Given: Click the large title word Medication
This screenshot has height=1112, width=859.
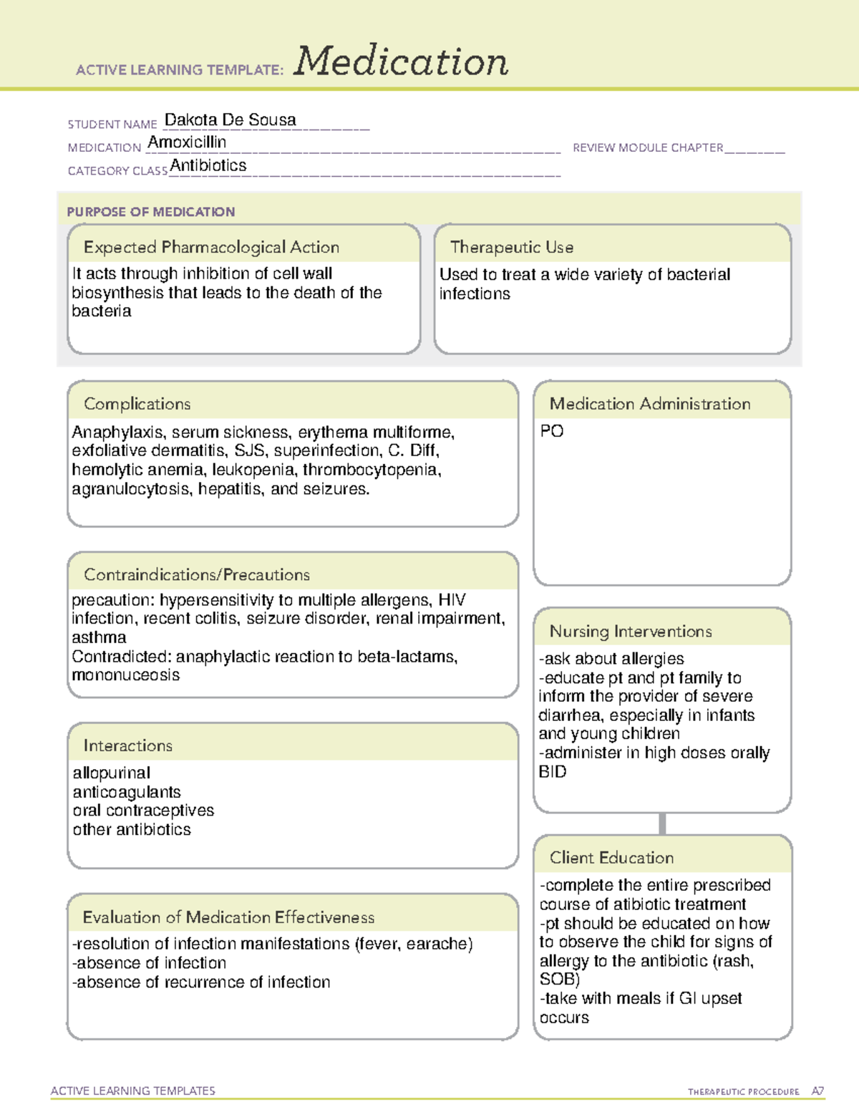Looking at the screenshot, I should (401, 62).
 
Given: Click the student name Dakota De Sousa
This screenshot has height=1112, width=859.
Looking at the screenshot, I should (230, 120).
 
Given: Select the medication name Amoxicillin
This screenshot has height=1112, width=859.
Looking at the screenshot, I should (187, 142).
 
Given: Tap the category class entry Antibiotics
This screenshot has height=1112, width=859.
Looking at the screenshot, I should (208, 165).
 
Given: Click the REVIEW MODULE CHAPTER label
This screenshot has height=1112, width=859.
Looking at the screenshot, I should (648, 148).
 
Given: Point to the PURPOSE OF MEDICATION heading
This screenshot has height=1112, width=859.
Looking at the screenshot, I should (150, 212).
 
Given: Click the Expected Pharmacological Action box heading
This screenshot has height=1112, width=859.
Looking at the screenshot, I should (211, 247).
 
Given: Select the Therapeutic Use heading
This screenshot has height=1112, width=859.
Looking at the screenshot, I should (511, 247).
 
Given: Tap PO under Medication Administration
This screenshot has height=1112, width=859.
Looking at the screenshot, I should (552, 431).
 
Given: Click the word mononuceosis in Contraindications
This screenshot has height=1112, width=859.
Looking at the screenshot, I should (126, 675).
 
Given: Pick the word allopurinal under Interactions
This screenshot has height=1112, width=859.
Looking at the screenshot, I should (112, 773).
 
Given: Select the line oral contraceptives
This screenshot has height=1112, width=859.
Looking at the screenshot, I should (143, 811).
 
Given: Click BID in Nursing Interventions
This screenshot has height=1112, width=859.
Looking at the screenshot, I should (552, 772).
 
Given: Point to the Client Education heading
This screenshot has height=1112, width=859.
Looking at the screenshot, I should (611, 858).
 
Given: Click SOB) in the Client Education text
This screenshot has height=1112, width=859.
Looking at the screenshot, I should (559, 980).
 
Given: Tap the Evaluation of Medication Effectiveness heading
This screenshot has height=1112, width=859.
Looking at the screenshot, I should (228, 917).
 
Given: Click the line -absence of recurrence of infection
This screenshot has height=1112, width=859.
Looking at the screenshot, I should (201, 982).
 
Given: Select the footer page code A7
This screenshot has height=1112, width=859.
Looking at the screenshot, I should (817, 1091).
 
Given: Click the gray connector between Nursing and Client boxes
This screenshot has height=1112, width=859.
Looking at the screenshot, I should (662, 823).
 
